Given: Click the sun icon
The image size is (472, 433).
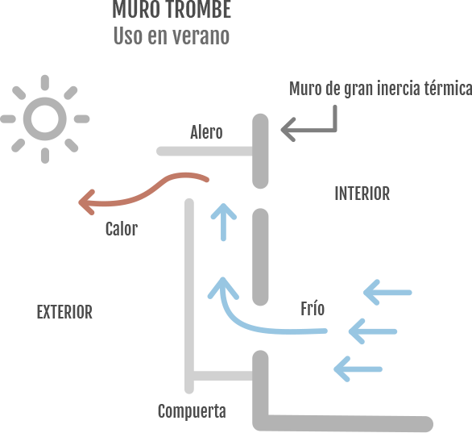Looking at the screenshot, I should [x=44, y=119].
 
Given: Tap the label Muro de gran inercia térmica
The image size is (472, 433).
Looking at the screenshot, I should [x=379, y=89].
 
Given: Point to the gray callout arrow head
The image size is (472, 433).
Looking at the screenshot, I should [x=288, y=128].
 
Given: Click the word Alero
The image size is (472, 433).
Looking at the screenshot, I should [x=206, y=132].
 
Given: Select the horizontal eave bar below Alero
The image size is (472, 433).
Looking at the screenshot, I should [x=205, y=151].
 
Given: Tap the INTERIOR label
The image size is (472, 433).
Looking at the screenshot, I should [x=362, y=194].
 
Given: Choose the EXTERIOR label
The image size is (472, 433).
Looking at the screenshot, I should [x=64, y=312].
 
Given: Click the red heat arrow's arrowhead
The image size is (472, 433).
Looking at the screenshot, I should [x=85, y=202].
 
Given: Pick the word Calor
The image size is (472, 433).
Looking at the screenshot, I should [x=121, y=229].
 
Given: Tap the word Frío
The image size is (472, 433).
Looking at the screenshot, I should [x=312, y=309].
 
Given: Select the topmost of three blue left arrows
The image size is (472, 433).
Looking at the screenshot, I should [x=387, y=292].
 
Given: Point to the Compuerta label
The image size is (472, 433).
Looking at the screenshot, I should [x=191, y=411].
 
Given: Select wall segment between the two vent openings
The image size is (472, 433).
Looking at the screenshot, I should [x=259, y=256].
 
